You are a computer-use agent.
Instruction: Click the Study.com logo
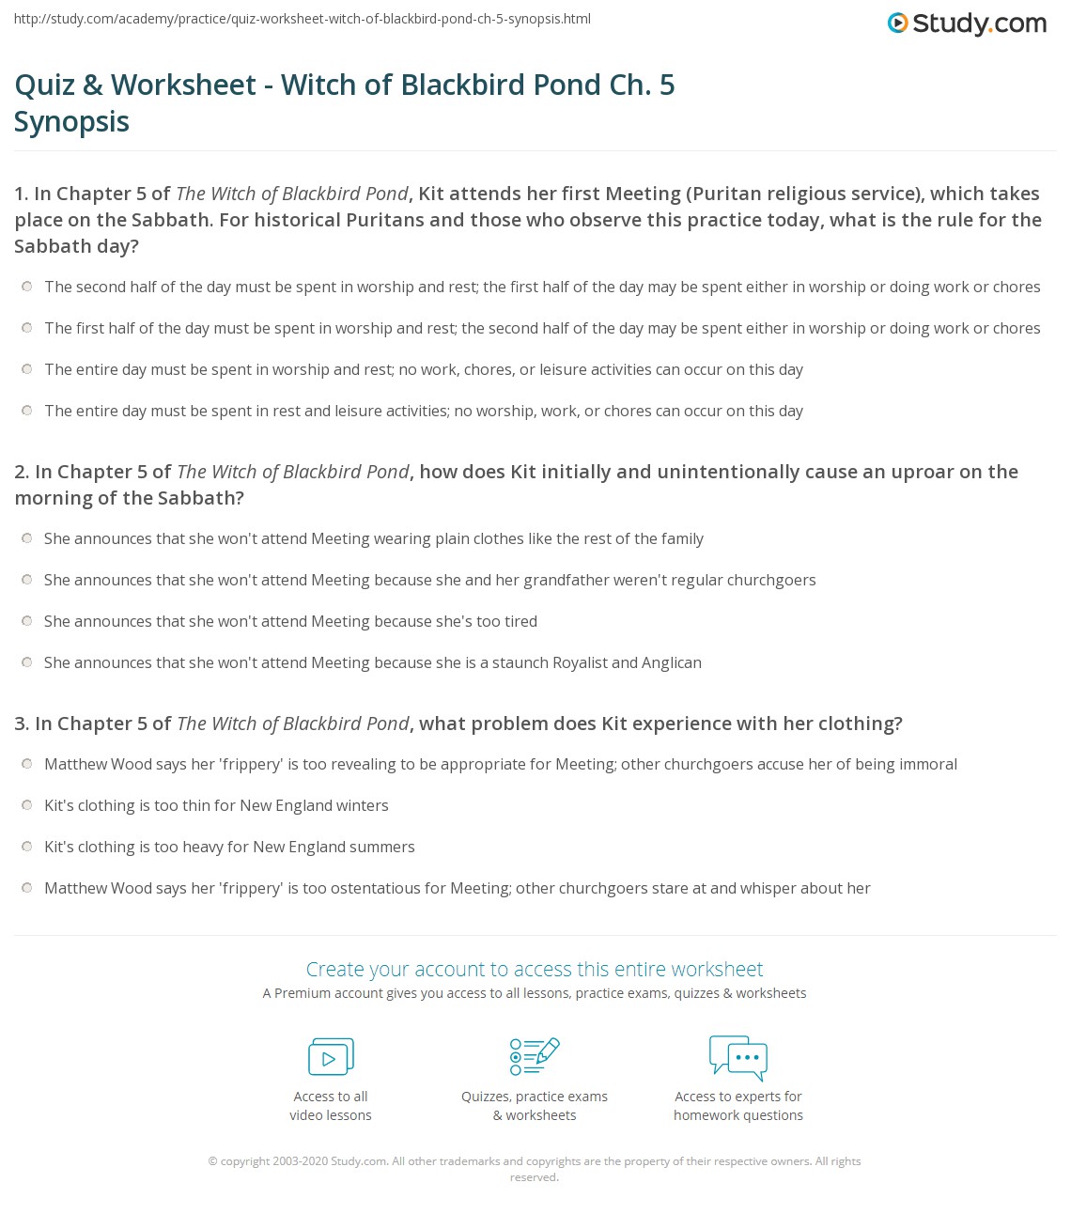[x=967, y=23]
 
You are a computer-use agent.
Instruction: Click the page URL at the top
[x=303, y=19]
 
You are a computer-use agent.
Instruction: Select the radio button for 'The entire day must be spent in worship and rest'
[x=27, y=369]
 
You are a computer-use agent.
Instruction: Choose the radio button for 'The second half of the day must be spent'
[x=27, y=287]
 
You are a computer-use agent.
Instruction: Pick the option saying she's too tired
[x=27, y=621]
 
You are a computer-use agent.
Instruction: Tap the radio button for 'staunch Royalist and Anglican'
[x=27, y=662]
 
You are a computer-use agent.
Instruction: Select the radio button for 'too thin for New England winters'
[x=27, y=805]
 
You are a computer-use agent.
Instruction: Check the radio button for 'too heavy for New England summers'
[x=27, y=847]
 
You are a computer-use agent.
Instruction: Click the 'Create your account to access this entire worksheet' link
[x=535, y=969]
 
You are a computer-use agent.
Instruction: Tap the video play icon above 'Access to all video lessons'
[x=331, y=1056]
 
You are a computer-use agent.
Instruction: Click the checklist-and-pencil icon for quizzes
[x=535, y=1056]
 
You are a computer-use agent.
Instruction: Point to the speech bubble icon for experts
[x=738, y=1056]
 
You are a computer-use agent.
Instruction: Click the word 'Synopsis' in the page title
[x=72, y=122]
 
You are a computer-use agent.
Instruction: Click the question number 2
[x=21, y=472]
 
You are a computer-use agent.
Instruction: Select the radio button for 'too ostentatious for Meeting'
[x=27, y=888]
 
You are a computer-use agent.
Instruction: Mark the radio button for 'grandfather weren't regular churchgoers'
[x=27, y=580]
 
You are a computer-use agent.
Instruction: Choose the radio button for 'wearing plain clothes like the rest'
[x=27, y=538]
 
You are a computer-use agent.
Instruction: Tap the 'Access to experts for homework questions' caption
[x=738, y=1106]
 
